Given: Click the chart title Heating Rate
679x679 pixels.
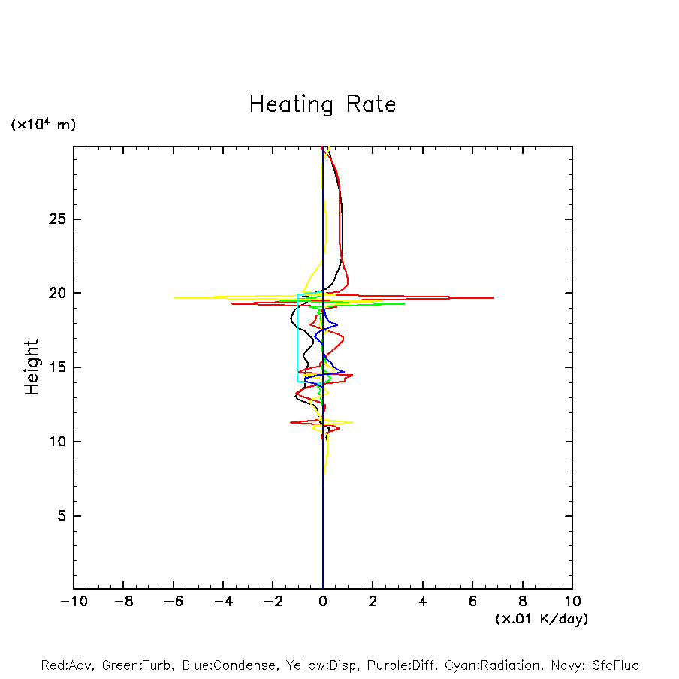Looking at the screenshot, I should pos(322,104).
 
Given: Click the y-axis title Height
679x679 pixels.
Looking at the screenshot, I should pos(32,367).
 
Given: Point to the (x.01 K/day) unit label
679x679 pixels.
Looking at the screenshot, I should pos(541,619).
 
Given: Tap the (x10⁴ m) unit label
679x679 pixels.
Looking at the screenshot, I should pos(43,125).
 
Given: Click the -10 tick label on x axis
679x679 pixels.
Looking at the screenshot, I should pos(73,601).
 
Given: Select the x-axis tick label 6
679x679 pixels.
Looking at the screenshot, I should pos(472,601).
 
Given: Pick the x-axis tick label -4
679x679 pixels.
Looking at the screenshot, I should pos(223,601).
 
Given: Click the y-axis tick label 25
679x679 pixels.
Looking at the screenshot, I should pos(58,219).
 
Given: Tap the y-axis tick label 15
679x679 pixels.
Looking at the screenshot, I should pos(58,367).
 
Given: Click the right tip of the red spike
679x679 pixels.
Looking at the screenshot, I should pos(493,298).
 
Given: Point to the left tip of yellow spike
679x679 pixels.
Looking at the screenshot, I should pos(175,297).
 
